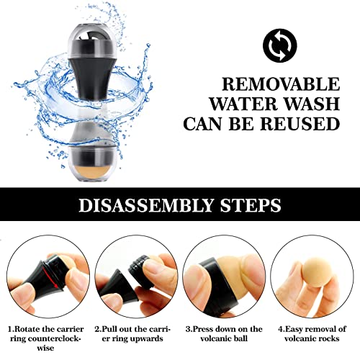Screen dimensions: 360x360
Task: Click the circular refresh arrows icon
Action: click(x=280, y=45)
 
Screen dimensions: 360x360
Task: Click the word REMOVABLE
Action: click(x=281, y=84)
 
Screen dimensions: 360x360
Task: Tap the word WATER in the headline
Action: click(x=243, y=104)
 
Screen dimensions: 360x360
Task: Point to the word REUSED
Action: click(x=300, y=123)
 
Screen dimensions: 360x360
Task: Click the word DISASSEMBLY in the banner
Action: click(x=146, y=205)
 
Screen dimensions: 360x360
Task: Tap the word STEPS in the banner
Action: click(x=251, y=205)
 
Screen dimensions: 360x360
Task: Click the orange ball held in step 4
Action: click(x=315, y=274)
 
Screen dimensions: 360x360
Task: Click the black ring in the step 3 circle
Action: click(x=216, y=286)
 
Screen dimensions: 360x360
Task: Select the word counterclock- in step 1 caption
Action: click(x=45, y=338)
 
